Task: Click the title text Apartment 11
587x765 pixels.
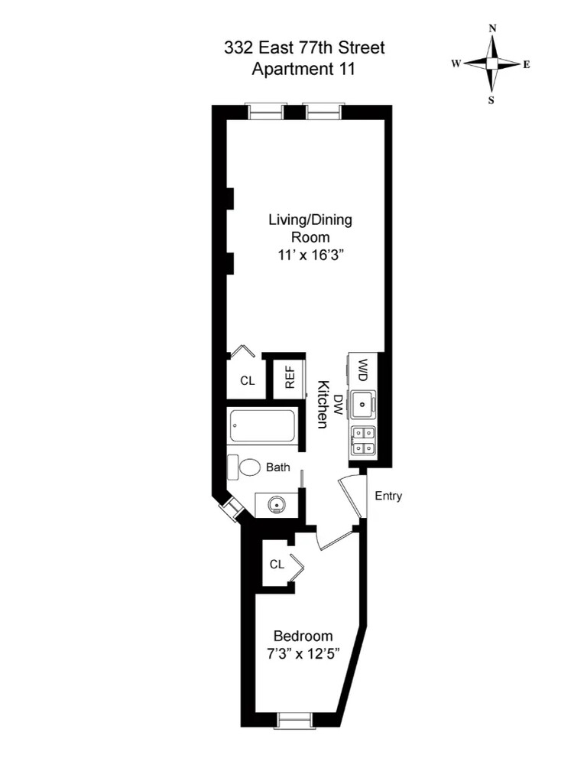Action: (304, 69)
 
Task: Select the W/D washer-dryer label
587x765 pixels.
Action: (363, 371)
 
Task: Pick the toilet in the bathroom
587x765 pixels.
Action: (250, 467)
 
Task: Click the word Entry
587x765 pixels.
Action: (388, 496)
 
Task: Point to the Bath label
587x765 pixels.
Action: (278, 467)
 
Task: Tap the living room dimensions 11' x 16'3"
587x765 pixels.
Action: (310, 255)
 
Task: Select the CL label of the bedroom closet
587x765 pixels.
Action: (277, 565)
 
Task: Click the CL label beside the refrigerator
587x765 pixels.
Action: (248, 380)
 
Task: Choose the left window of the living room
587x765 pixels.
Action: (267, 112)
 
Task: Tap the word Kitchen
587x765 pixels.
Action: (323, 405)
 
